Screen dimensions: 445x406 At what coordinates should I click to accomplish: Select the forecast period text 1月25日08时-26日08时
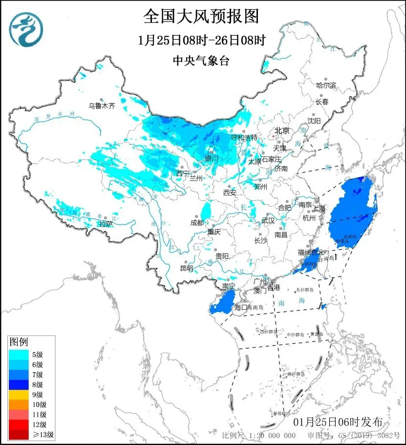(201, 41)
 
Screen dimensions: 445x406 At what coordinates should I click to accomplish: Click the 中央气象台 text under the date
(201, 61)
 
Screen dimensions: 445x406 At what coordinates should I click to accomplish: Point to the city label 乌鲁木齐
(102, 105)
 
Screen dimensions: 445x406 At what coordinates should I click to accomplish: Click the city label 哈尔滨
(326, 86)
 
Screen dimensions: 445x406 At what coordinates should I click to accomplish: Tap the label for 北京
(282, 131)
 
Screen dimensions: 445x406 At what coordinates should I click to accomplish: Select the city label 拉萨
(106, 223)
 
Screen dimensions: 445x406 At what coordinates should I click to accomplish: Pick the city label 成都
(197, 223)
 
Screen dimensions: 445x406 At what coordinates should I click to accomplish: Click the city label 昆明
(187, 268)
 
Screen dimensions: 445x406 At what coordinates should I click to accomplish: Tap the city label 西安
(230, 193)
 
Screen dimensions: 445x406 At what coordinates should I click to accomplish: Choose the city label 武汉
(268, 221)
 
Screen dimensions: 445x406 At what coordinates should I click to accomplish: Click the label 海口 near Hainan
(241, 308)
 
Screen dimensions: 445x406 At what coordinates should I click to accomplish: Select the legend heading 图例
(19, 341)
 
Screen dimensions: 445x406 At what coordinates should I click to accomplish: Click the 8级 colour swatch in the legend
(19, 384)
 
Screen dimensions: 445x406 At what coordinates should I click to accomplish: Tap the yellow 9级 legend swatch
(19, 395)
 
